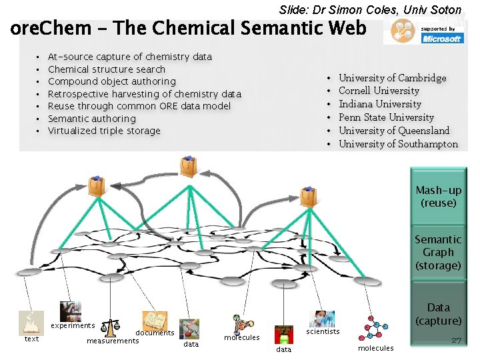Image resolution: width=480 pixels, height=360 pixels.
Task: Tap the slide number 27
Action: point(456,340)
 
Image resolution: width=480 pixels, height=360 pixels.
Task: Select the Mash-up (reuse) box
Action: point(438,197)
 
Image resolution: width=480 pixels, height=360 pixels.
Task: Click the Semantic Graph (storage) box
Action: point(438,252)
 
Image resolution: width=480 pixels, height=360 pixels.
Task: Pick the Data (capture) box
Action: point(438,314)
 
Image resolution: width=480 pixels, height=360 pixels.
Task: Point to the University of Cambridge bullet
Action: point(392,78)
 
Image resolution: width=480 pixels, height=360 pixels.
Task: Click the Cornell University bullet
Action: point(379,91)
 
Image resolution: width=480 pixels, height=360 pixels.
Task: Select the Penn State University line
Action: point(386,117)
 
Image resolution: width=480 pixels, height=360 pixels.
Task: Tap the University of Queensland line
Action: point(393,131)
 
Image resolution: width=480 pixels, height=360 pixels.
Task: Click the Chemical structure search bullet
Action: point(107,69)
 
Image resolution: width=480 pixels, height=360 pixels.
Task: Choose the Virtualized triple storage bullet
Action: point(104,131)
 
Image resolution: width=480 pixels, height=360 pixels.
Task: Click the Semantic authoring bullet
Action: point(91,119)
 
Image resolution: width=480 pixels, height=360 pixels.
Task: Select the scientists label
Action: point(323,331)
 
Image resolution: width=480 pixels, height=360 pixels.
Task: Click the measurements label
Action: point(113,341)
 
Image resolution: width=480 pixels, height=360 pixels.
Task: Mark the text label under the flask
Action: point(31,339)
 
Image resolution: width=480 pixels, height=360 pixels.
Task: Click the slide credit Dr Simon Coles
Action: point(370,9)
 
